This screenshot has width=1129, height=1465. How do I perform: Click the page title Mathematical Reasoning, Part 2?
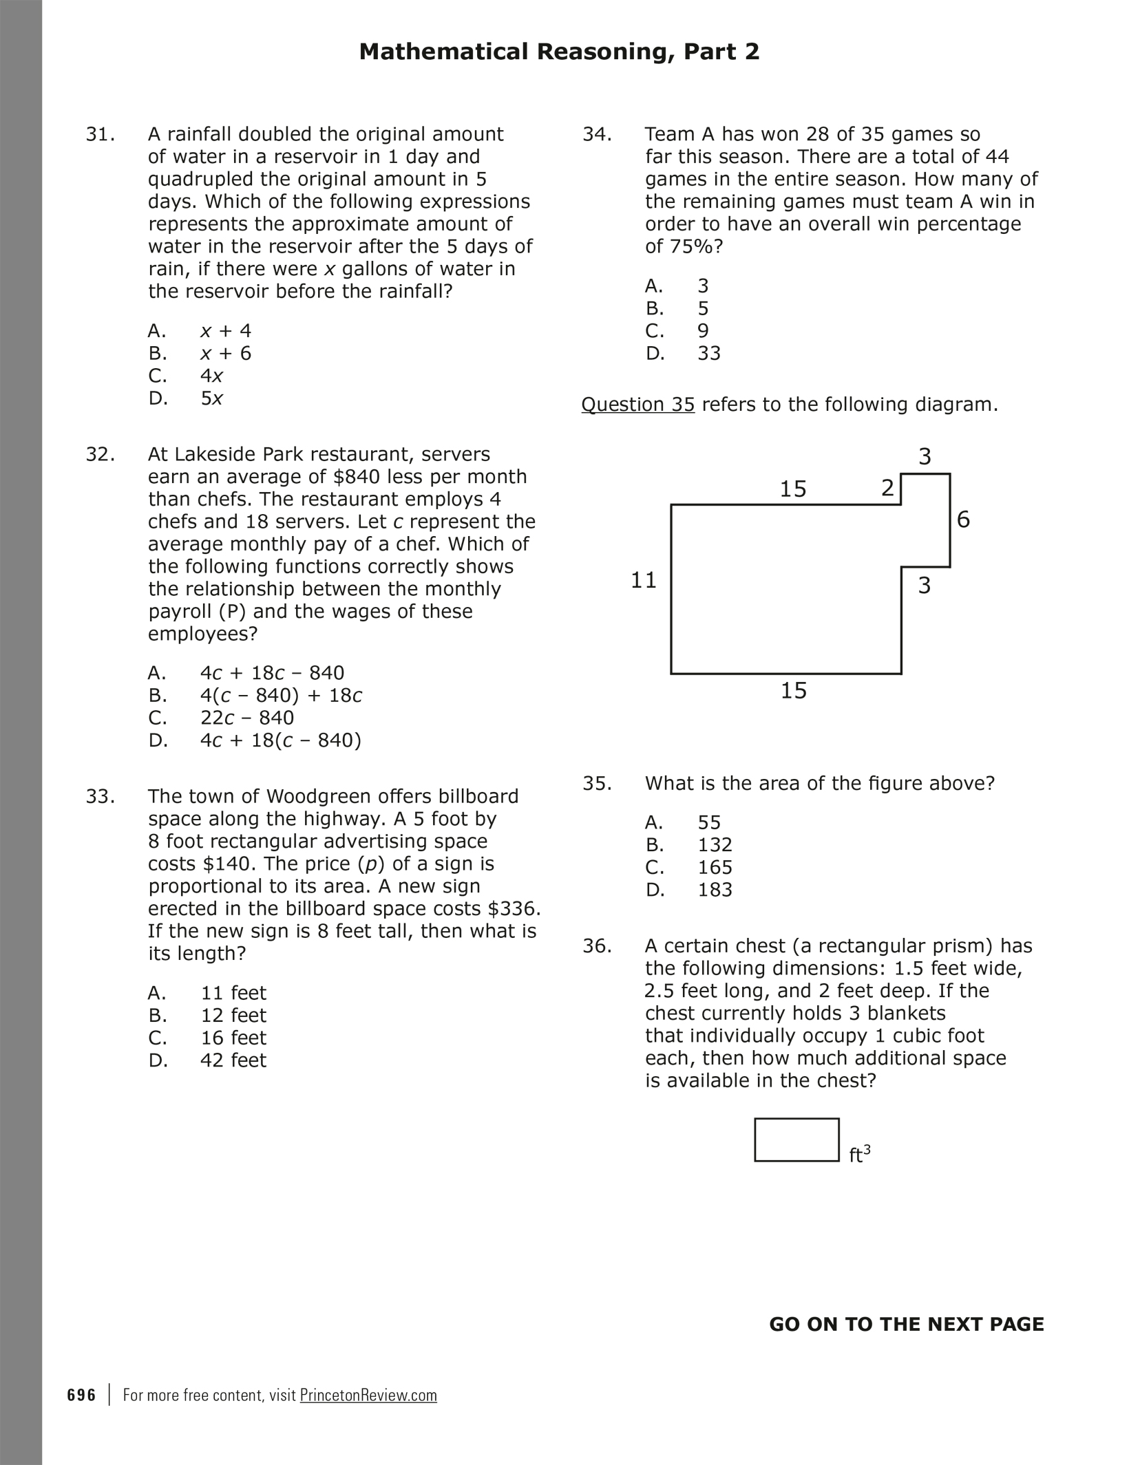[559, 52]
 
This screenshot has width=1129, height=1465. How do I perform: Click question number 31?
[100, 134]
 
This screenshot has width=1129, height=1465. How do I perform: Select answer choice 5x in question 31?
[211, 398]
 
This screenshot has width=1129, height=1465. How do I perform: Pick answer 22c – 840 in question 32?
[247, 718]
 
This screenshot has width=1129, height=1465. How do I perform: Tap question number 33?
[100, 796]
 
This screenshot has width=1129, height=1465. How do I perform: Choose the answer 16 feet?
[233, 1038]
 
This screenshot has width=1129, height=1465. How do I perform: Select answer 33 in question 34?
[709, 354]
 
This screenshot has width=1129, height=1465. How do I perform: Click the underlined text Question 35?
[637, 405]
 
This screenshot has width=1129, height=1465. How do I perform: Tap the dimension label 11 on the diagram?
[644, 581]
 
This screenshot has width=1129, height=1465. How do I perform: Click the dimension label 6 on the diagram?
[963, 520]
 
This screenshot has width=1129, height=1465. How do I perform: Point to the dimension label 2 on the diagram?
[887, 488]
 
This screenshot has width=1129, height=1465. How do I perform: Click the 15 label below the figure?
[793, 691]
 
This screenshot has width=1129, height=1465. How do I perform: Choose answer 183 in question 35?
[715, 890]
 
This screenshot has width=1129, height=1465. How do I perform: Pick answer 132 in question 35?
[715, 845]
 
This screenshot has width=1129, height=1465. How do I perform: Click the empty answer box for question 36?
[796, 1140]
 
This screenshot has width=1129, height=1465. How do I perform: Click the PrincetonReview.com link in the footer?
[368, 1395]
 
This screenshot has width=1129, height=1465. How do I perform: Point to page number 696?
[82, 1395]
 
